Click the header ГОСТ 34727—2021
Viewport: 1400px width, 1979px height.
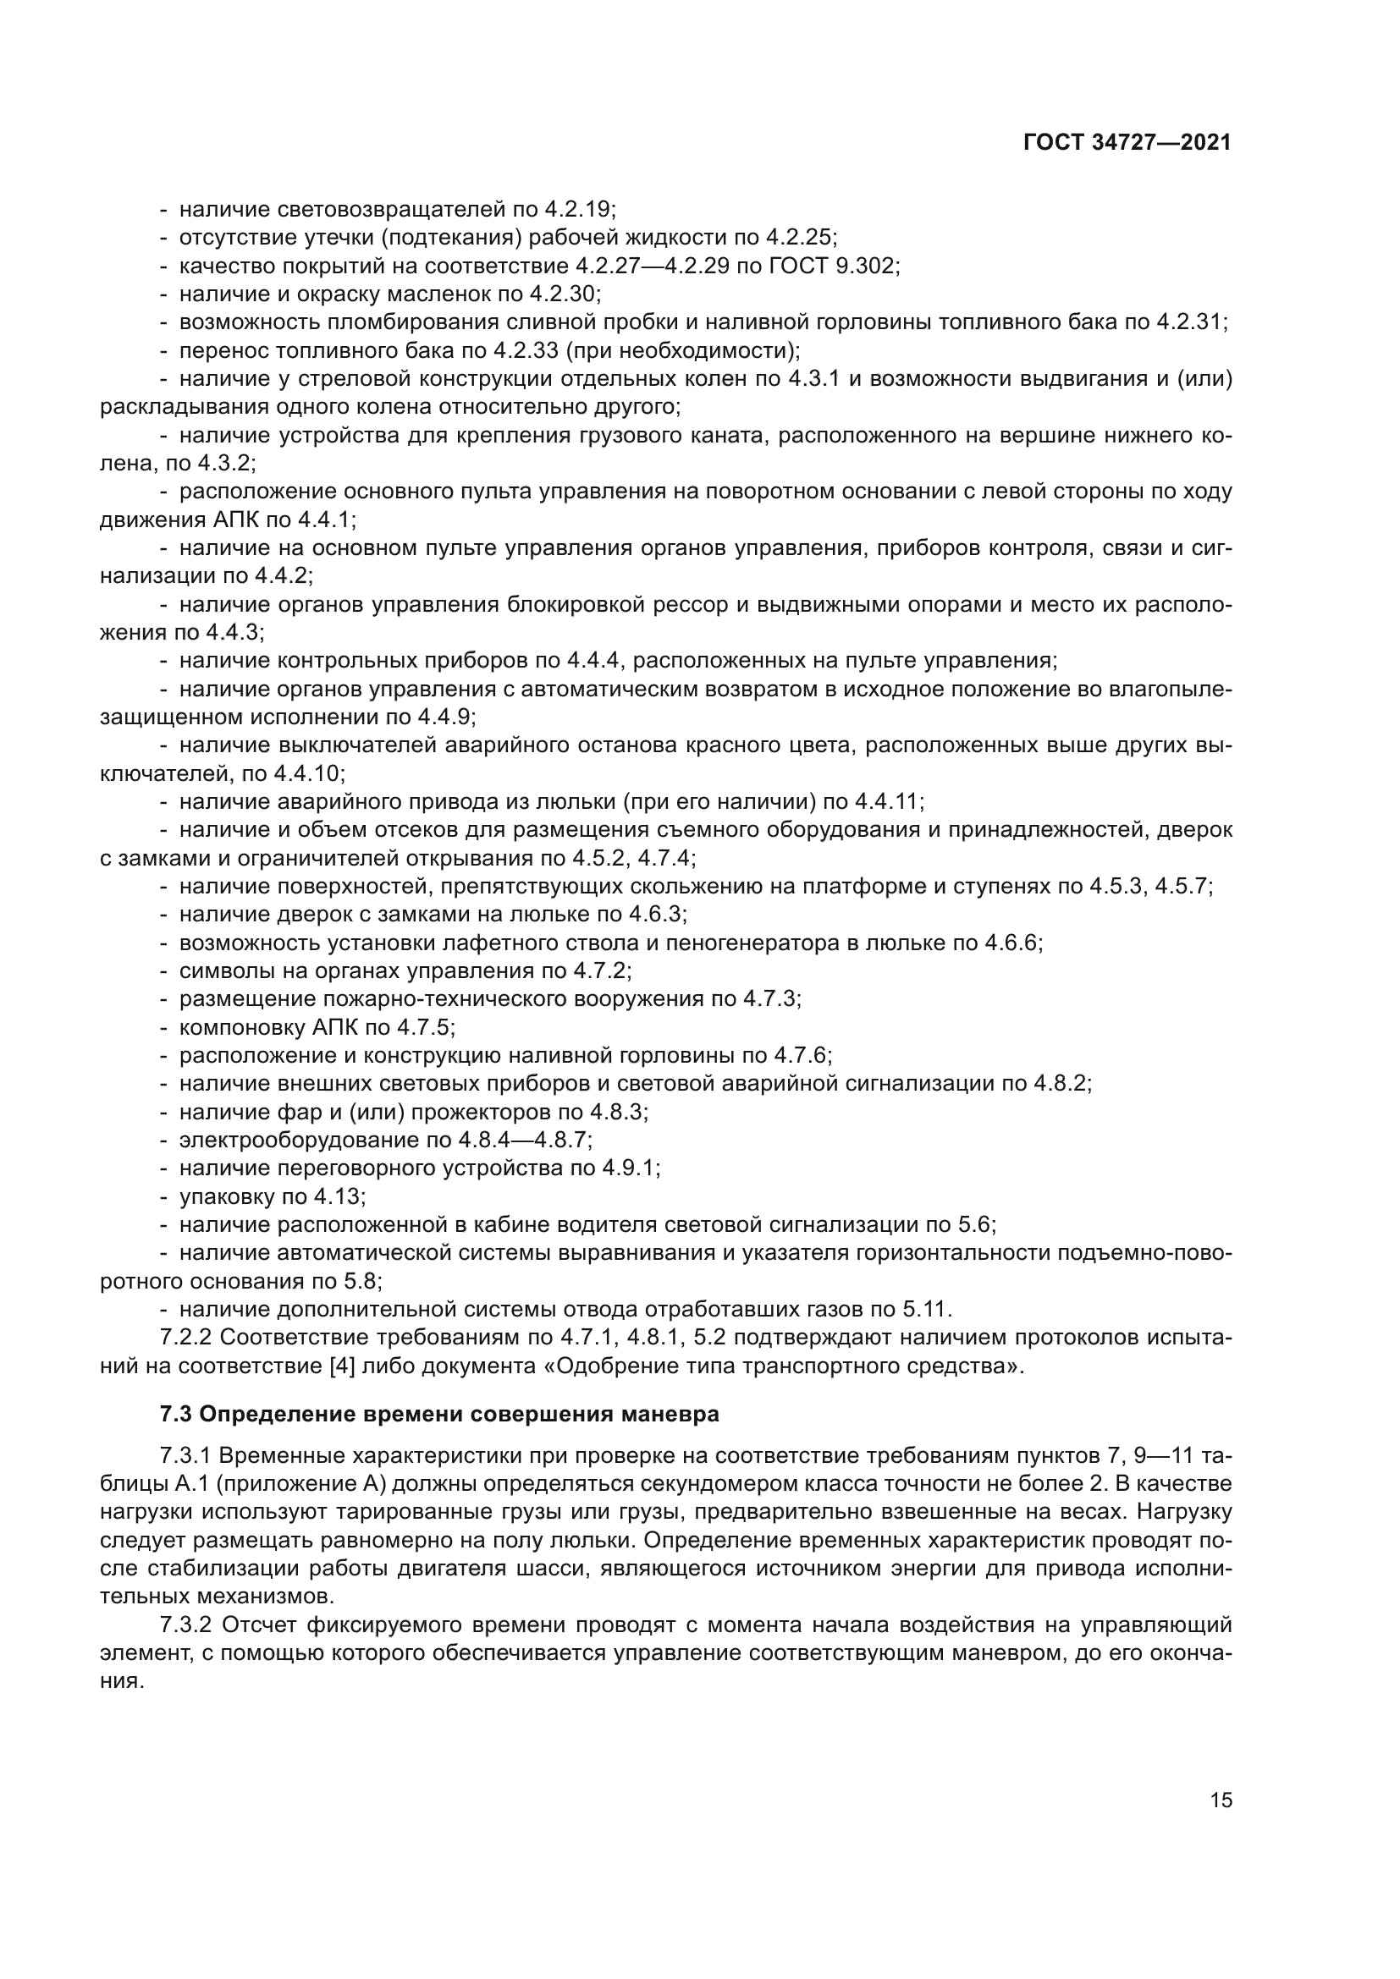pyautogui.click(x=1127, y=143)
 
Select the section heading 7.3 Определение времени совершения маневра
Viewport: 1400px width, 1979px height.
pyautogui.click(x=439, y=1415)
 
